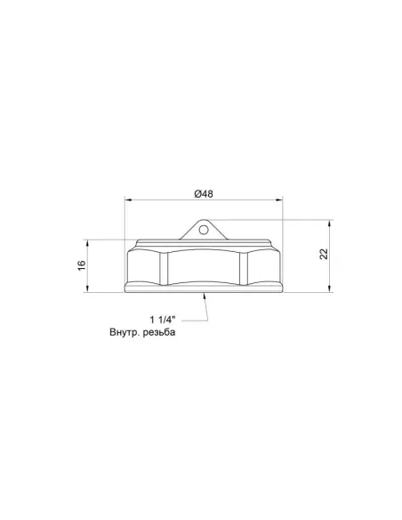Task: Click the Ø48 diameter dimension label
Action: [x=204, y=194]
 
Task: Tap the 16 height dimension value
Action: [x=82, y=265]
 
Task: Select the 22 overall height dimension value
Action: [x=325, y=254]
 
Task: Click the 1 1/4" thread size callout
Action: [x=163, y=320]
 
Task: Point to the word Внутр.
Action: [x=125, y=332]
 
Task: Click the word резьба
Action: [x=159, y=332]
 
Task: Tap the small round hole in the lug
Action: [x=204, y=230]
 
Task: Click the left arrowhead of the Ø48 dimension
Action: [x=128, y=200]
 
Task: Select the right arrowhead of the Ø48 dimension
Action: [x=279, y=200]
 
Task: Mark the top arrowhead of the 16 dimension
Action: [x=88, y=243]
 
